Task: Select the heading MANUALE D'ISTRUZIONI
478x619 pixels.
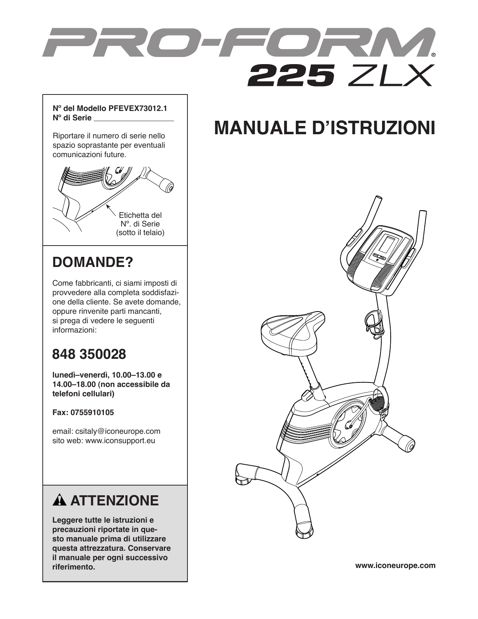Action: coord(324,128)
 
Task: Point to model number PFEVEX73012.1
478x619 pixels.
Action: coord(138,109)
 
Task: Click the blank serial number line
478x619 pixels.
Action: coord(133,119)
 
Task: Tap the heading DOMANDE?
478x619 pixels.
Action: coord(93,262)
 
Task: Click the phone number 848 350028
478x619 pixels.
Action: coord(89,354)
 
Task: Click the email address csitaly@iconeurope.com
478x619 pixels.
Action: coord(118,431)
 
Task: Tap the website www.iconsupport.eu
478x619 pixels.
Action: coord(120,441)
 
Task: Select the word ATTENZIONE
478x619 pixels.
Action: coord(114,501)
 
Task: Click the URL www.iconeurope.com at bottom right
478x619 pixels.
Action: coord(395,565)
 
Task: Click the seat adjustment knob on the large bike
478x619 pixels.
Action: coord(307,395)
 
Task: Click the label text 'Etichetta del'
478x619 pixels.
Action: coord(140,215)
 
